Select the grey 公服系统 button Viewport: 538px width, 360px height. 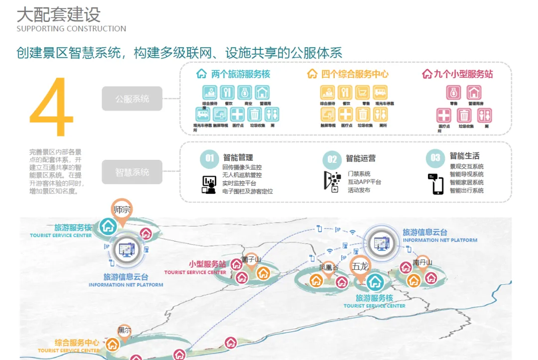(132, 99)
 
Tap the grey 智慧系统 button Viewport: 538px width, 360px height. (132, 172)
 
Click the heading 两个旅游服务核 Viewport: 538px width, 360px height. (240, 74)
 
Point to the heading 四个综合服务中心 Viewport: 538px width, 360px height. (354, 74)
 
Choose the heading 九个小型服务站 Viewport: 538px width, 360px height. (463, 74)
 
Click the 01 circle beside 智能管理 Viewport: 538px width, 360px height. (209, 158)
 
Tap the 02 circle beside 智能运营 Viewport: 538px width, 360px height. (332, 159)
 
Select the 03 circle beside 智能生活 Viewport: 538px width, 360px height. (435, 158)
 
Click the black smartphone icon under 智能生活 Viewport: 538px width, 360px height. (437, 184)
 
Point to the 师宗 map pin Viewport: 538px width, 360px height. (122, 210)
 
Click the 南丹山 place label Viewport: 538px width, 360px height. (422, 262)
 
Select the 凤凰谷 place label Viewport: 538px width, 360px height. (328, 267)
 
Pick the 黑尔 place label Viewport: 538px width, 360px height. (124, 330)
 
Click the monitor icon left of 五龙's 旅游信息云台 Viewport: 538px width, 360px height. (382, 242)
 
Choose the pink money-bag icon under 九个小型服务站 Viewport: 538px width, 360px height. (453, 93)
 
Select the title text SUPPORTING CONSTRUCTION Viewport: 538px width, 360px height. (71, 29)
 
